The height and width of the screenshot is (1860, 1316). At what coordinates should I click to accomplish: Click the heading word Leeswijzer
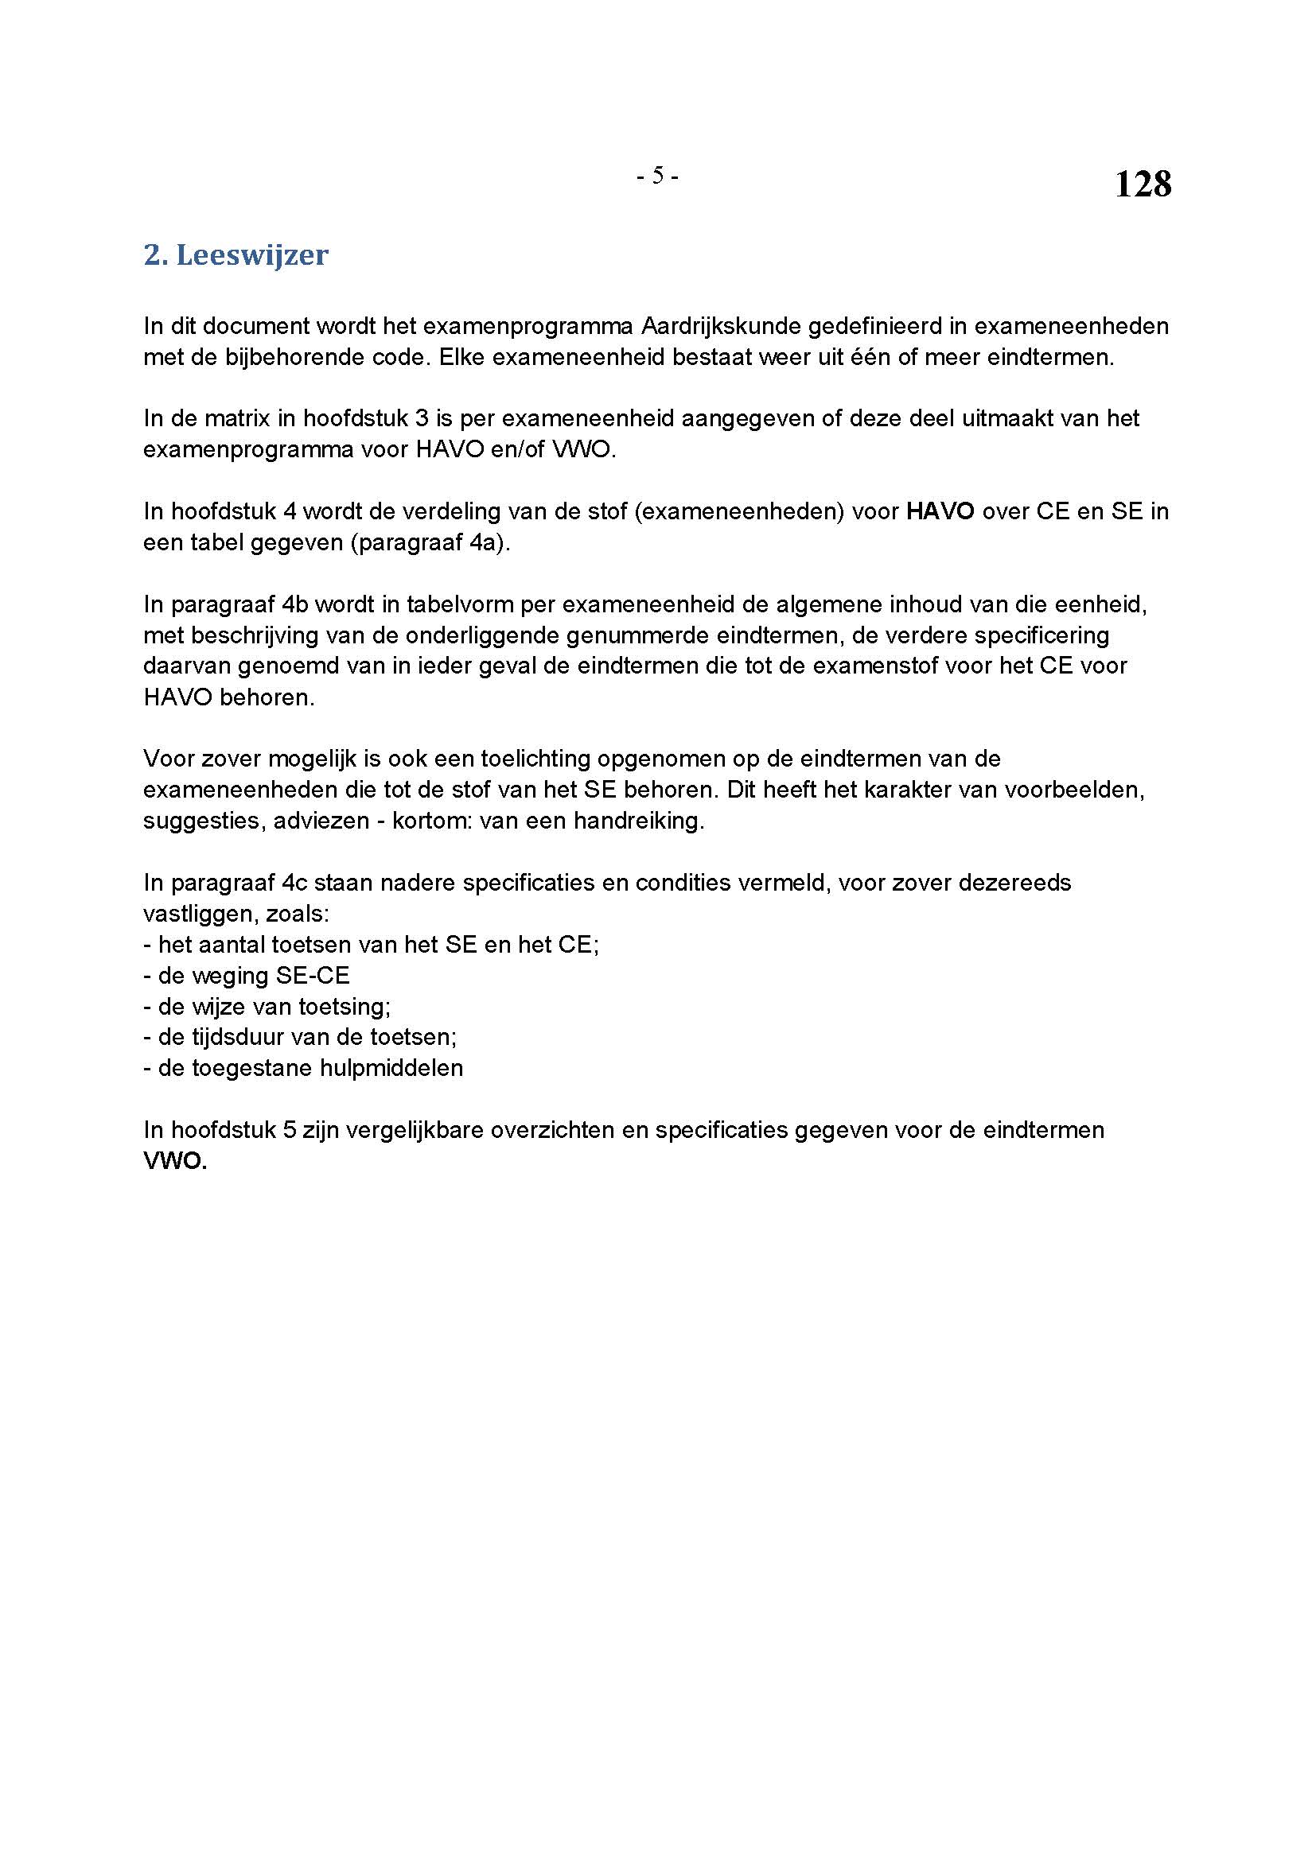click(252, 255)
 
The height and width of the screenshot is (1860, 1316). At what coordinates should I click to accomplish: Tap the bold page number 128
click(1143, 184)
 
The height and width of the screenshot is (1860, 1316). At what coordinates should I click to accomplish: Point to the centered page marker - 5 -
click(657, 175)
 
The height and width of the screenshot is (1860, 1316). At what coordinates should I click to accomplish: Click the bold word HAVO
click(940, 511)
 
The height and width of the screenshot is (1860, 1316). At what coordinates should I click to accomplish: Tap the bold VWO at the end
click(175, 1161)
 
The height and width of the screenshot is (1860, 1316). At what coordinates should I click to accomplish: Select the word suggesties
click(201, 821)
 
